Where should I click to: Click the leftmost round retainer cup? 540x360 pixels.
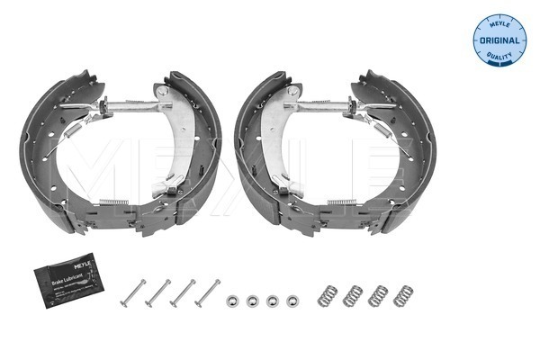tap(231, 298)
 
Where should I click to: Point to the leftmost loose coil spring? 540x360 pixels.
tap(329, 293)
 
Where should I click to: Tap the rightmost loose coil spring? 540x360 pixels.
tap(406, 293)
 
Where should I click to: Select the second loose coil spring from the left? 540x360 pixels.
tap(355, 293)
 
